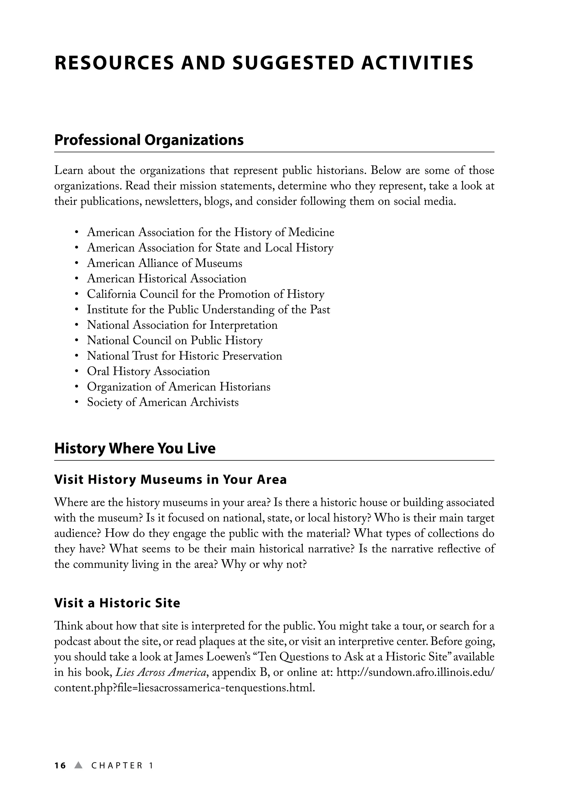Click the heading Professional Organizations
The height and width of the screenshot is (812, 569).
[149, 140]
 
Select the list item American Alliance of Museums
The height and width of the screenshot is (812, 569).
[165, 263]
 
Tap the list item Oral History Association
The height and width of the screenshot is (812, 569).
[148, 372]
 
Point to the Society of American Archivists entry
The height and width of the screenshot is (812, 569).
[163, 402]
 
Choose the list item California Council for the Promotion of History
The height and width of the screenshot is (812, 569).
[206, 294]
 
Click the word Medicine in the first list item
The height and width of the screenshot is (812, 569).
[311, 233]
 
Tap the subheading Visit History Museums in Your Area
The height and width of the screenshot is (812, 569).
[170, 480]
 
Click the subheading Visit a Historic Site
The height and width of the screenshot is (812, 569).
[117, 603]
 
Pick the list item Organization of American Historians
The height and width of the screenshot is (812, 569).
[178, 387]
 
